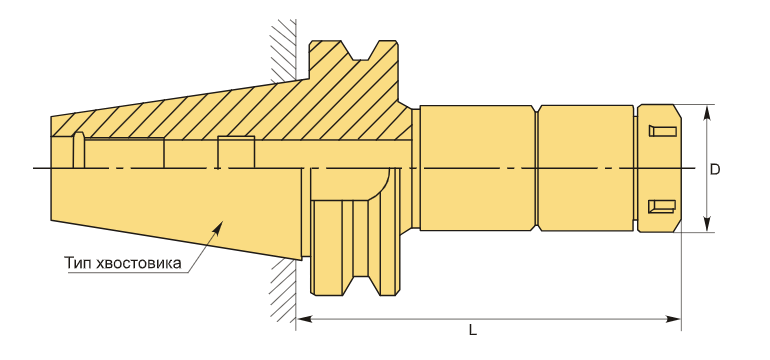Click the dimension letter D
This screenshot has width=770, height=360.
click(715, 169)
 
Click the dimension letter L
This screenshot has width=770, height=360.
click(472, 330)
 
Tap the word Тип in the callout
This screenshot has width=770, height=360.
click(78, 263)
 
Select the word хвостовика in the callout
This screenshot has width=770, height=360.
click(138, 263)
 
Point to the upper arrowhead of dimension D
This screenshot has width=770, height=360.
click(707, 112)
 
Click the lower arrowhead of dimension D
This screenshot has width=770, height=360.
click(707, 224)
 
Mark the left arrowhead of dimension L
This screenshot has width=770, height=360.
click(304, 319)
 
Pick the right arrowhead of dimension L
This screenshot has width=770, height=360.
click(673, 319)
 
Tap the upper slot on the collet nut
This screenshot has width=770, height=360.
click(662, 131)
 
